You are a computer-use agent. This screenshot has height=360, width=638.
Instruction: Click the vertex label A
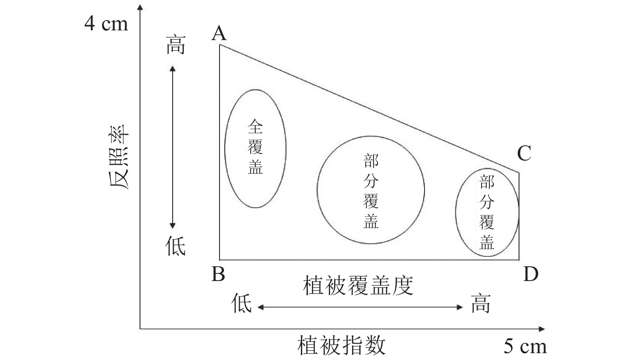click(x=219, y=33)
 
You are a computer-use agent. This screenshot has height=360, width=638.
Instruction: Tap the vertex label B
click(x=218, y=275)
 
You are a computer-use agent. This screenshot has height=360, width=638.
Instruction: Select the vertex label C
click(x=524, y=153)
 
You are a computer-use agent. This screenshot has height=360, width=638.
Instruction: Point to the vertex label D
click(x=531, y=275)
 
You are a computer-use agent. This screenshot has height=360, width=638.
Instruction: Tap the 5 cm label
click(x=525, y=346)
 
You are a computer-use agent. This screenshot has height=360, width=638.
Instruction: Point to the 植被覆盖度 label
click(x=358, y=286)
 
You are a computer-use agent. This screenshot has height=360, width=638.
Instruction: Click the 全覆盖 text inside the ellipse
click(x=255, y=147)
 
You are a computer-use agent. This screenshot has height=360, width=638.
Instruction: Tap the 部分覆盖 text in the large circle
click(x=371, y=192)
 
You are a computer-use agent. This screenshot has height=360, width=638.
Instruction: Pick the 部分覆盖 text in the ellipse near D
click(x=487, y=212)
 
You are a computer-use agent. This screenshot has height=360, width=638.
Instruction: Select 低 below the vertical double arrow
click(x=175, y=246)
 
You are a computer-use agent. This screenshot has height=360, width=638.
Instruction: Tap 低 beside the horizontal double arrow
click(x=242, y=303)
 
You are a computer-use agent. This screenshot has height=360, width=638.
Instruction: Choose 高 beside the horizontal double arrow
click(x=481, y=303)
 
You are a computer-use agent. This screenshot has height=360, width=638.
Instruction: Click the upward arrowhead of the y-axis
click(x=140, y=8)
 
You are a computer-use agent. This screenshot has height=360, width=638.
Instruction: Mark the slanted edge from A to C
click(x=369, y=108)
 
